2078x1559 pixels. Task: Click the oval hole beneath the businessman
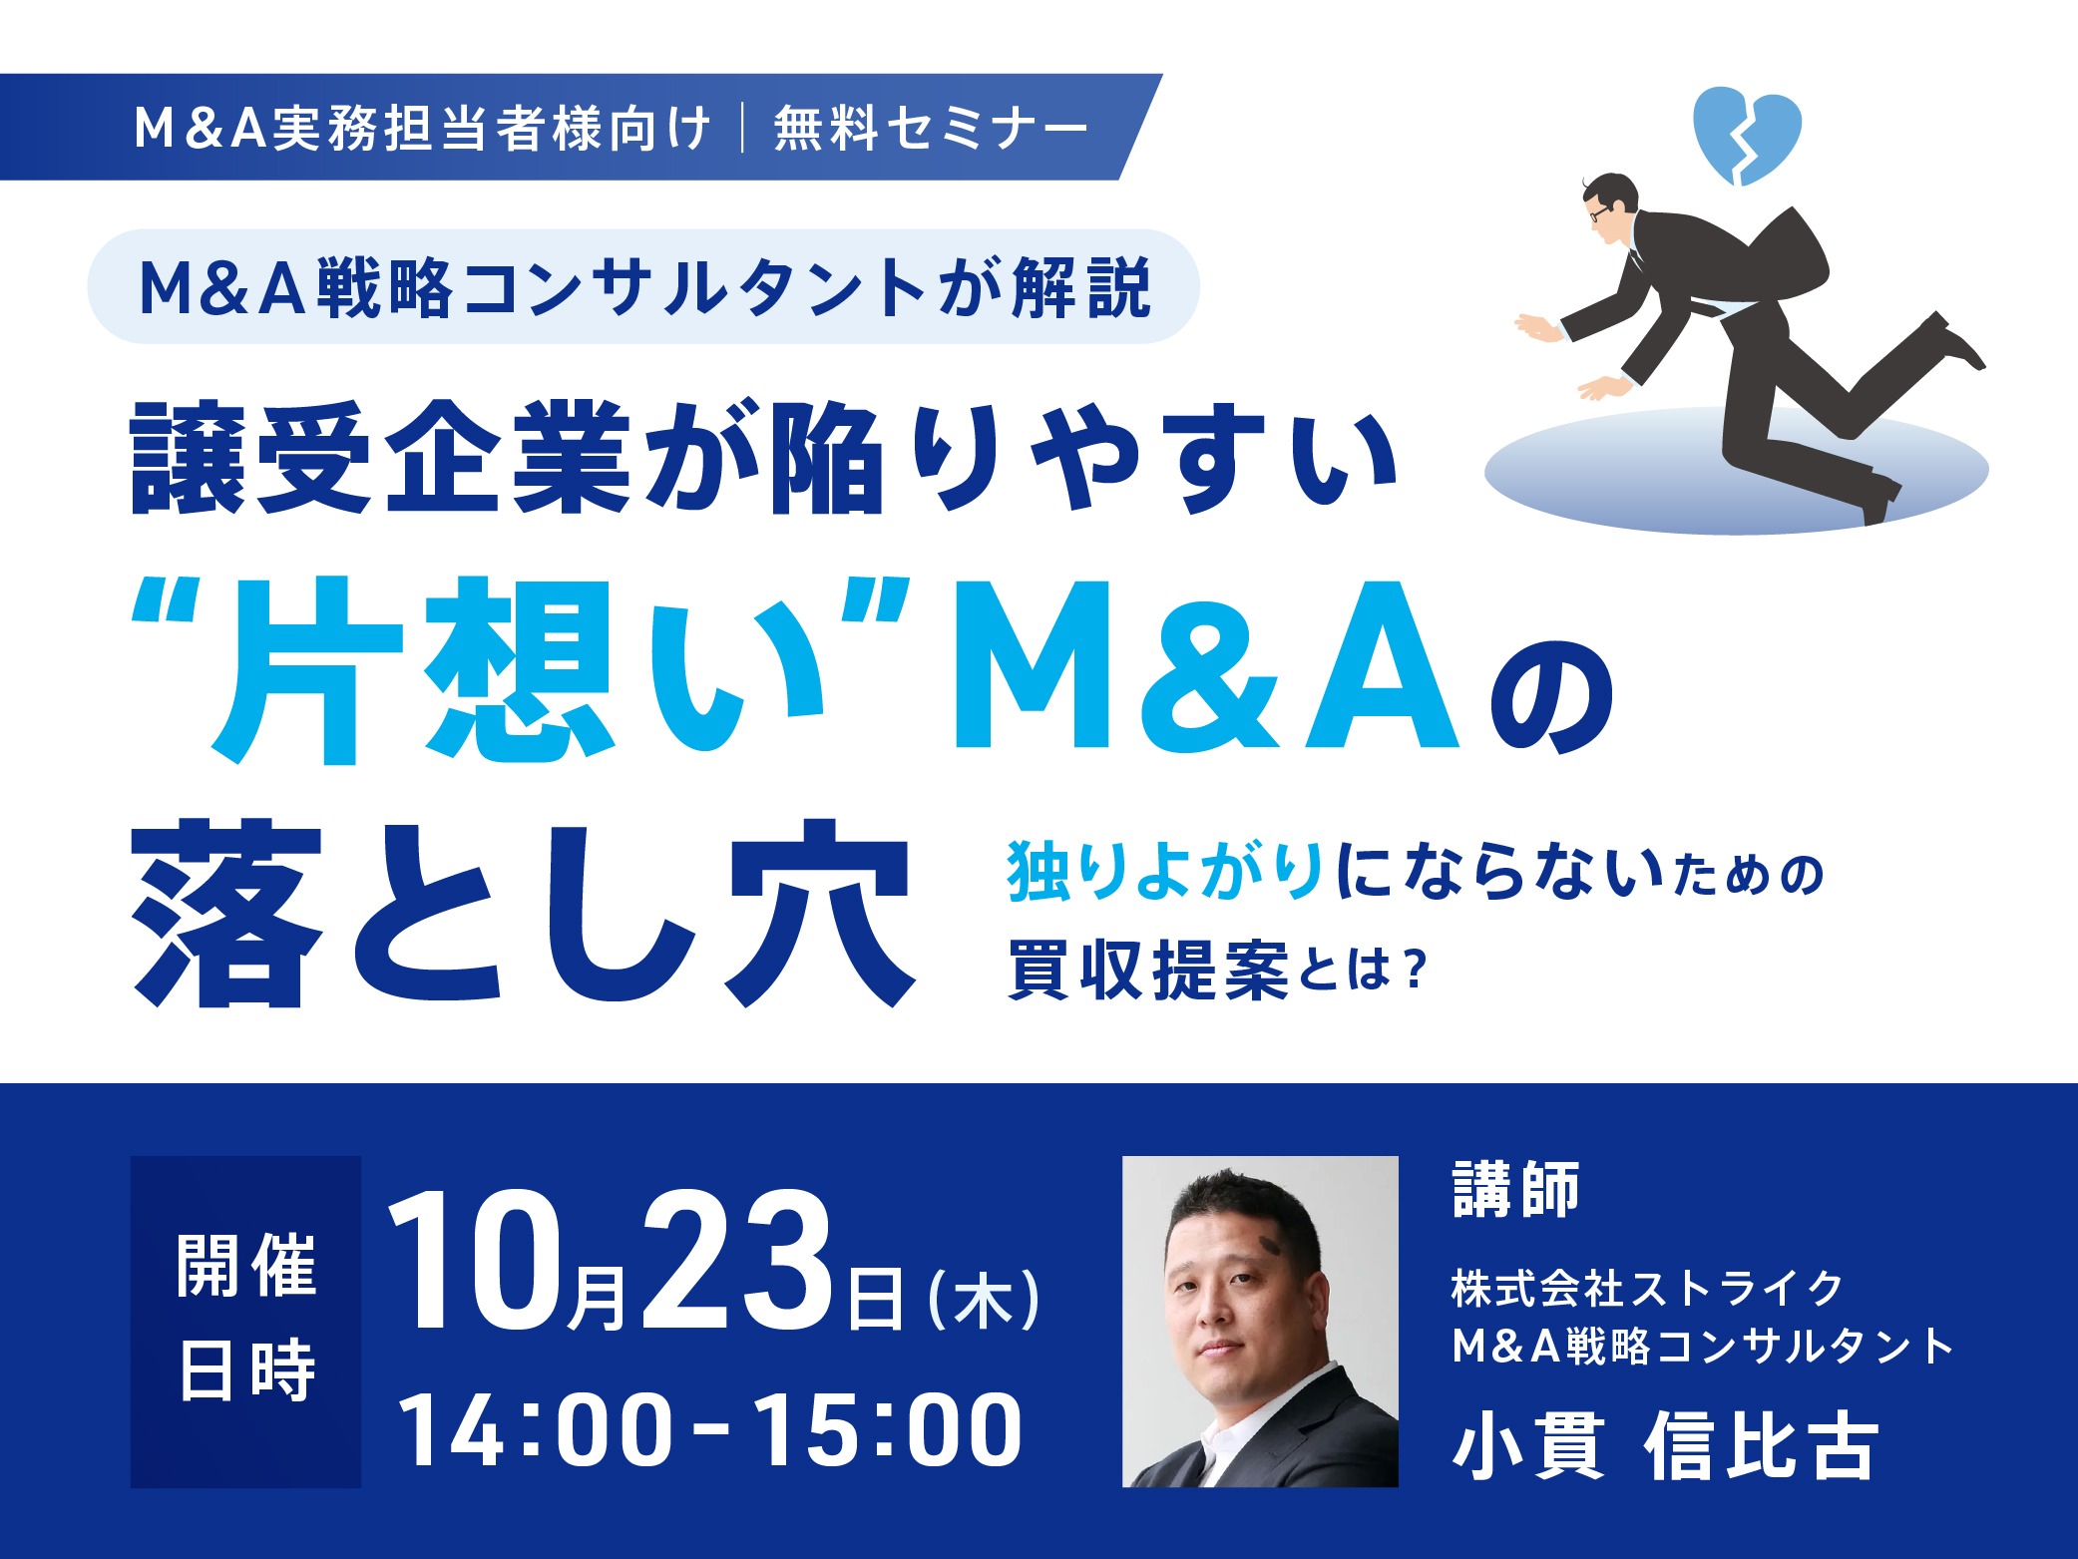1736,470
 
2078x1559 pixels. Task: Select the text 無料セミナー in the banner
930,129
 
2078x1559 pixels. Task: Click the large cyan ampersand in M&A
1208,665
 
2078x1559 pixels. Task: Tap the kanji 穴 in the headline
820,913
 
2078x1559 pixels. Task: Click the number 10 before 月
475,1261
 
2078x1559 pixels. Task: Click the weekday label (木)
985,1300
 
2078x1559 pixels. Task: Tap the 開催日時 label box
245,1322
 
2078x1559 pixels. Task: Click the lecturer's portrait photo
1260,1322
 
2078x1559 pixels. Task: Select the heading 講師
1516,1190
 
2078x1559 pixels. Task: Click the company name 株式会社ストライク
1647,1289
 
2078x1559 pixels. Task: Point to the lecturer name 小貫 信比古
1666,1444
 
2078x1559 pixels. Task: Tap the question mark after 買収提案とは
1415,970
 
